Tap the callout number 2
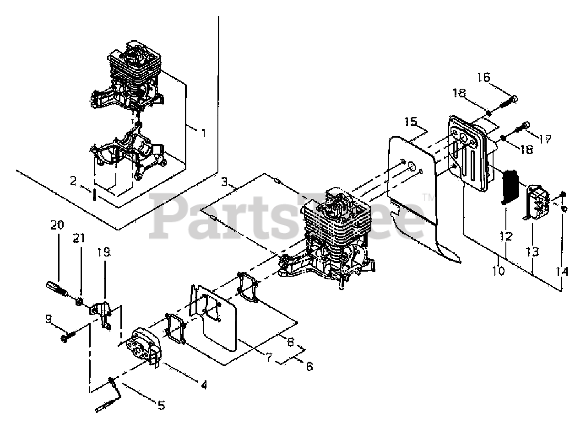73,181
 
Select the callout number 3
224,182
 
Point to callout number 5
161,405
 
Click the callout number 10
499,271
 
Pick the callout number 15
411,122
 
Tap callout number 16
483,76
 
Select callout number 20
57,225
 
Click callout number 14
562,272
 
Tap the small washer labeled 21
79,301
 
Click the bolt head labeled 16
514,98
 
